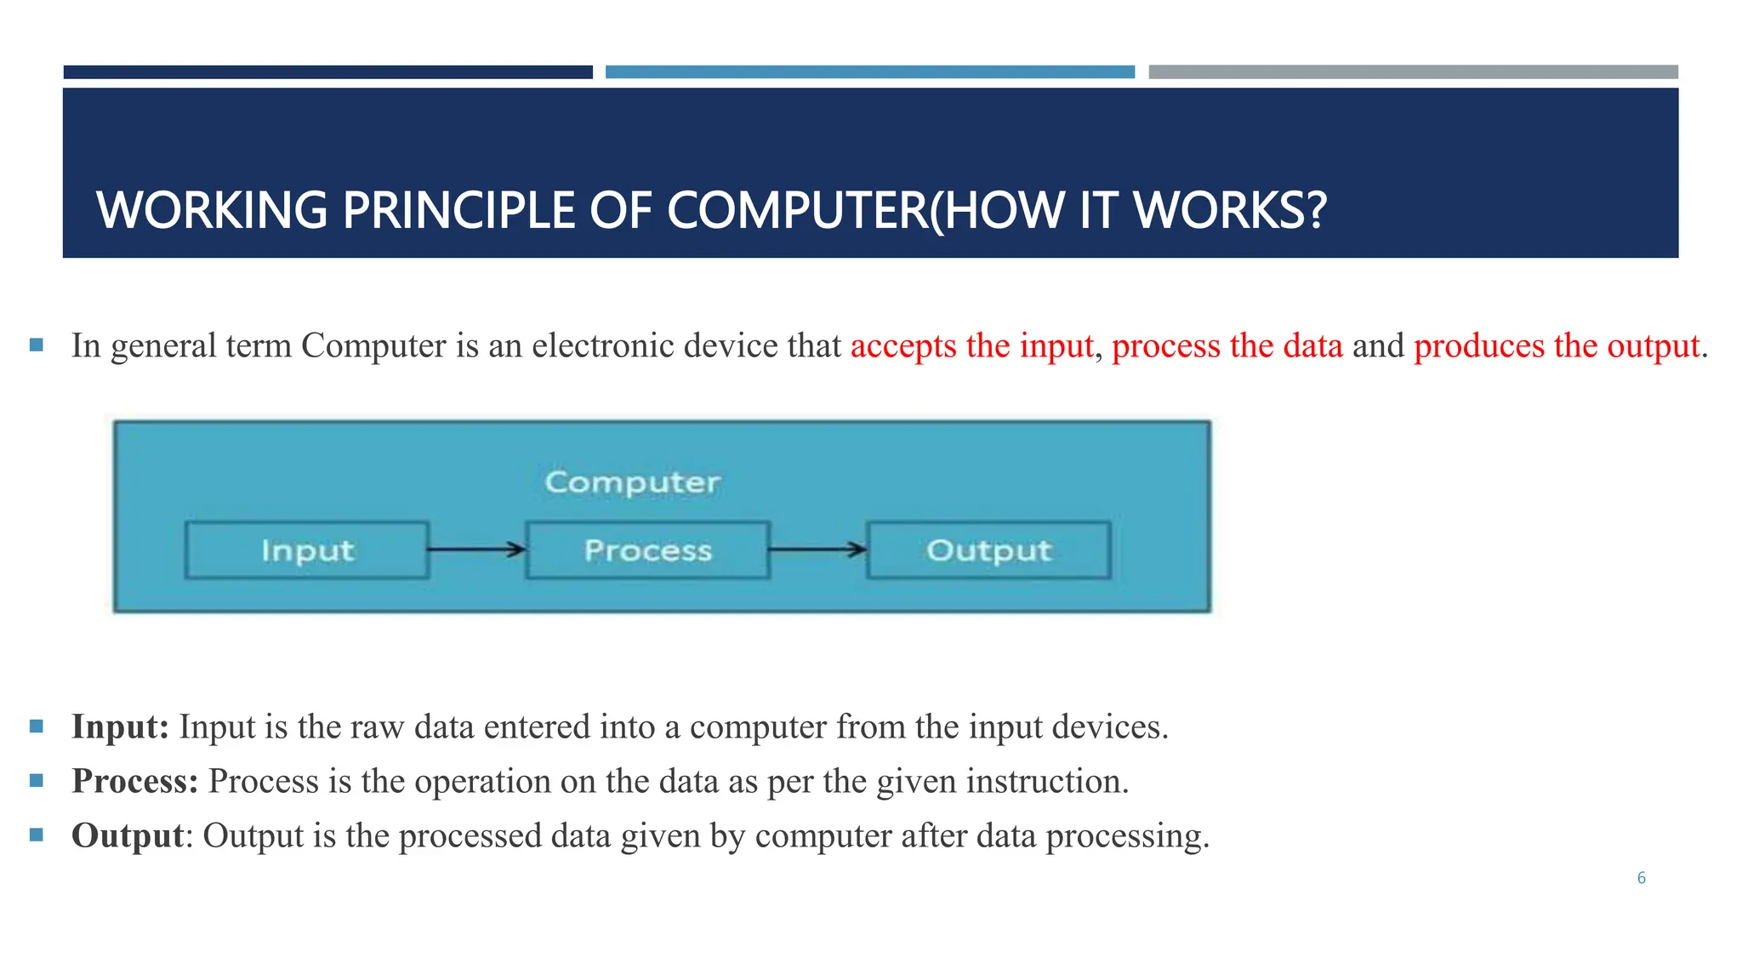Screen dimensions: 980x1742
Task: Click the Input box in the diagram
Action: pyautogui.click(x=306, y=550)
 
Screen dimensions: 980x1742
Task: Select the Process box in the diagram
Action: pyautogui.click(x=647, y=550)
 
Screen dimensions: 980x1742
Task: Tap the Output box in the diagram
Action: pyautogui.click(x=988, y=550)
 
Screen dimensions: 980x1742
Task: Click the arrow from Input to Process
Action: pyautogui.click(x=476, y=550)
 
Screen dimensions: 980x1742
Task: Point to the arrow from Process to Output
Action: pyautogui.click(x=817, y=550)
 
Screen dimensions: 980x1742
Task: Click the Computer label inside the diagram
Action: pyautogui.click(x=632, y=482)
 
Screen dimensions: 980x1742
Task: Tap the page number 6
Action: pyautogui.click(x=1641, y=878)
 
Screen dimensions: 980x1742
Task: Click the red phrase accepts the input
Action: pyautogui.click(x=971, y=346)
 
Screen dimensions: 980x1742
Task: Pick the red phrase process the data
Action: pyautogui.click(x=1227, y=346)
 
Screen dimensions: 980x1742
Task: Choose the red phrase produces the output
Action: pyautogui.click(x=1557, y=346)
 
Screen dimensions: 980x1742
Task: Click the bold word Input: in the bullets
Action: pyautogui.click(x=120, y=727)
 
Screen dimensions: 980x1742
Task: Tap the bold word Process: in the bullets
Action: pyautogui.click(x=134, y=782)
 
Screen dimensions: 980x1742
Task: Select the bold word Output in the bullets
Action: pyautogui.click(x=128, y=836)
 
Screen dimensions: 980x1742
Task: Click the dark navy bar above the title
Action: pyautogui.click(x=327, y=72)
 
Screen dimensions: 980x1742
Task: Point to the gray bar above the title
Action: pyautogui.click(x=1413, y=72)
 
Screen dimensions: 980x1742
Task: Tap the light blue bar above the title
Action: pyautogui.click(x=869, y=72)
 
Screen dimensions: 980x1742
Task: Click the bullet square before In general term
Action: pyautogui.click(x=36, y=345)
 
